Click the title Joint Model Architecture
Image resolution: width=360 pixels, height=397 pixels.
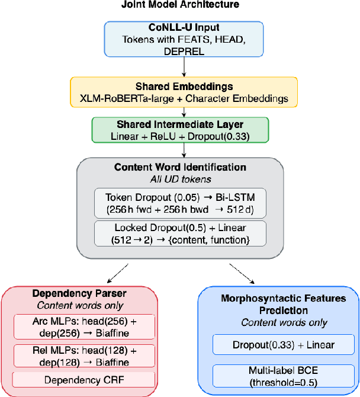point(179,6)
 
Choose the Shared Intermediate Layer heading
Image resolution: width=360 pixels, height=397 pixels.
point(179,124)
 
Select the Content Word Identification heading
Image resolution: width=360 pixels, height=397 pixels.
point(179,168)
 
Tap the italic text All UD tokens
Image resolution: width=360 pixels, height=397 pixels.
point(179,178)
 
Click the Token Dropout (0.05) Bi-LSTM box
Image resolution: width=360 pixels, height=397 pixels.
point(179,203)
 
